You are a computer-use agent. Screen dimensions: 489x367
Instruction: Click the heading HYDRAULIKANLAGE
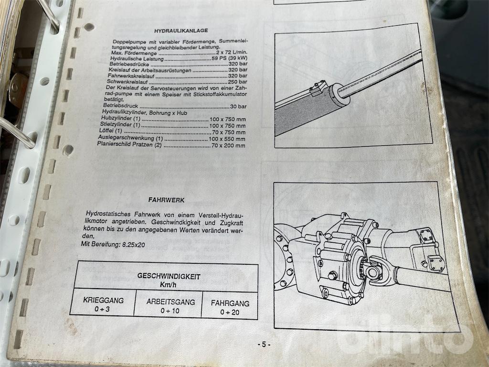coord(181,31)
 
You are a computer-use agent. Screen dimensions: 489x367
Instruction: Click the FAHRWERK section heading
coord(166,200)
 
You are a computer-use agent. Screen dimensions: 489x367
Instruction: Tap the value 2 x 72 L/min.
coord(234,53)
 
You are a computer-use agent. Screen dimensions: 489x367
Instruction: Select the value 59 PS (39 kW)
coord(229,58)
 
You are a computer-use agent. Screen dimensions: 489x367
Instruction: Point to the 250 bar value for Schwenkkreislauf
coord(238,82)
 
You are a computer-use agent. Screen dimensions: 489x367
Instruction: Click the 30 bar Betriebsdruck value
coord(238,107)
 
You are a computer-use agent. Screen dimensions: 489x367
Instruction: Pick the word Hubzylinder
coord(117,119)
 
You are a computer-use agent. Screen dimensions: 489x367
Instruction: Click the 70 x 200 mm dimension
coord(228,145)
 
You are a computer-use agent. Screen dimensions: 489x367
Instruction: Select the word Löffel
coord(106,130)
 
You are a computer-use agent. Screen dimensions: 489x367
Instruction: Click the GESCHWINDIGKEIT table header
coord(169,276)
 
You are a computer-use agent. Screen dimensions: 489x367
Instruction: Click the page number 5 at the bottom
coord(264,345)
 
